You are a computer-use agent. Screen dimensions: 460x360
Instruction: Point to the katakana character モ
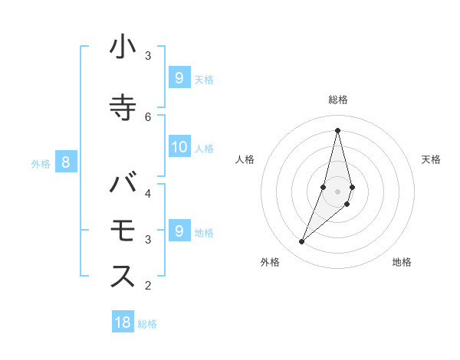click(123, 231)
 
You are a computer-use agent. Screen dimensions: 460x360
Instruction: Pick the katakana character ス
click(123, 277)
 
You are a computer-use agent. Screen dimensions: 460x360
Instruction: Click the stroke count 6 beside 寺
click(148, 116)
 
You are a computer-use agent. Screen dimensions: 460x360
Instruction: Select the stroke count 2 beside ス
click(148, 286)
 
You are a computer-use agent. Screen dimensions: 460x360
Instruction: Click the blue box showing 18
click(123, 322)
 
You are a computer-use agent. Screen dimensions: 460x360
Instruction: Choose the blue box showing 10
click(179, 148)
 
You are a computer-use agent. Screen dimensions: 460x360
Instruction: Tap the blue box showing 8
click(66, 162)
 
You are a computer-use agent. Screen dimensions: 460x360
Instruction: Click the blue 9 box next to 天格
click(179, 77)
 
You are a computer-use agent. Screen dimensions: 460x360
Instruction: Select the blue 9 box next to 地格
click(179, 231)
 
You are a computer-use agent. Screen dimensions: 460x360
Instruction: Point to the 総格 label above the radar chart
click(338, 100)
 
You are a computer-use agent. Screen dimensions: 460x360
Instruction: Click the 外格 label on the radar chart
click(270, 262)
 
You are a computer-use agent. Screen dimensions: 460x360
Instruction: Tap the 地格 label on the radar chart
click(402, 262)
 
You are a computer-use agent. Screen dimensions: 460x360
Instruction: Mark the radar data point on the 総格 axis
click(338, 130)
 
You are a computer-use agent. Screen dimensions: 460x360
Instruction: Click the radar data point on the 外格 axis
click(302, 242)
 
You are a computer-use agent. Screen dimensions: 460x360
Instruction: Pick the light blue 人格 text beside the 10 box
click(204, 149)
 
